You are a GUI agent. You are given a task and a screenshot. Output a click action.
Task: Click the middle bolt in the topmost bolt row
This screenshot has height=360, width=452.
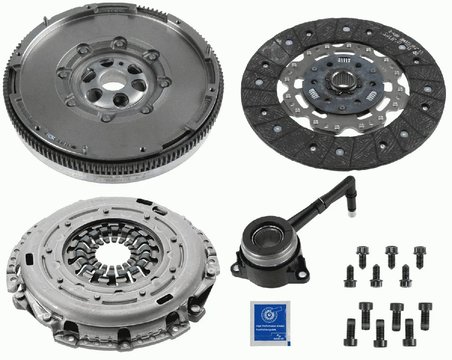(390, 254)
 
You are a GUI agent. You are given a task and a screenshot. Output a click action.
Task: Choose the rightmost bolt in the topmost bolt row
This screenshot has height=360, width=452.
(419, 254)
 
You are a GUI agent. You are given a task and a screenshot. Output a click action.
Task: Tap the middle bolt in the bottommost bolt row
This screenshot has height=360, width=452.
(381, 329)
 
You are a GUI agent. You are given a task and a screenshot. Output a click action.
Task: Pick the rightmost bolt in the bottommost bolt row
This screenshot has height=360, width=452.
(410, 329)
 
